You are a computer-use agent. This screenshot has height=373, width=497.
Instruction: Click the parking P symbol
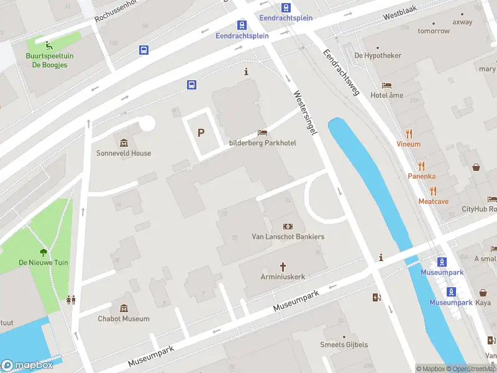201,132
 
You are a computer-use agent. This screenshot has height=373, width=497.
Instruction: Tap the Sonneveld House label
124,153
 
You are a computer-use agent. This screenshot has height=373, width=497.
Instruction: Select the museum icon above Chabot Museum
124,308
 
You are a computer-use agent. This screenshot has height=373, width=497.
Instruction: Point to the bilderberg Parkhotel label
263,143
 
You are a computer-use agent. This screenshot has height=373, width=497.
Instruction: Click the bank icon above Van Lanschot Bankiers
288,226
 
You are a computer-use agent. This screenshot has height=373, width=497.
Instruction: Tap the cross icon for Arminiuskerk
282,265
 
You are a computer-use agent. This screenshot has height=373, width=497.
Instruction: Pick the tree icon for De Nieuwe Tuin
43,252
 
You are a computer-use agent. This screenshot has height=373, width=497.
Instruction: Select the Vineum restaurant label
409,144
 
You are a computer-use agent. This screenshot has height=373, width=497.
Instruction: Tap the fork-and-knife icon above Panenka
422,165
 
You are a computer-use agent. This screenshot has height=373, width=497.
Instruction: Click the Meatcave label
433,201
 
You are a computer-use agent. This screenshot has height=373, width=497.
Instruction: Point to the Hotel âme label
386,95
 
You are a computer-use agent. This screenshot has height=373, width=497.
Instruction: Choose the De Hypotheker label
378,55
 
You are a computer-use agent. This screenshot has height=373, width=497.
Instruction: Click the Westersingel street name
306,112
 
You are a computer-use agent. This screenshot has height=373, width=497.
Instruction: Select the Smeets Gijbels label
344,344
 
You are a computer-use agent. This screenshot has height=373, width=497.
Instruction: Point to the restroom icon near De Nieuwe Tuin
71,300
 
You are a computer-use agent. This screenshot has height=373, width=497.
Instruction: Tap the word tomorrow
434,30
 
